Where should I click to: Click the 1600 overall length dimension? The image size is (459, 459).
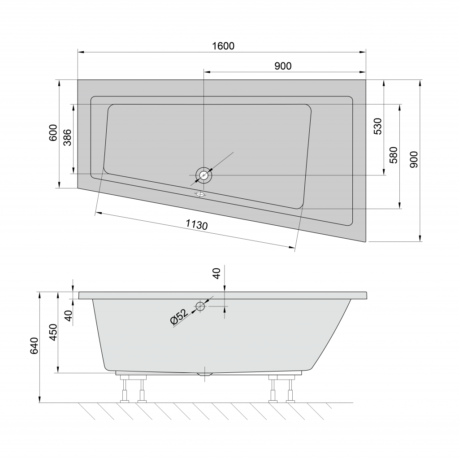pyautogui.click(x=223, y=46)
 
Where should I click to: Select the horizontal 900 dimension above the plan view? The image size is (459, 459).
pyautogui.click(x=282, y=66)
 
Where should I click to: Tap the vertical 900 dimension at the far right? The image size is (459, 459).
pyautogui.click(x=414, y=160)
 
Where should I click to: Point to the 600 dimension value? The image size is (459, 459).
pyautogui.click(x=53, y=133)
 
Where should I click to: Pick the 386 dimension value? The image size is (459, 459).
pyautogui.click(x=67, y=138)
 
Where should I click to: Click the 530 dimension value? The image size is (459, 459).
pyautogui.click(x=377, y=127)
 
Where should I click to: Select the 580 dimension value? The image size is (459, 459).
pyautogui.click(x=394, y=155)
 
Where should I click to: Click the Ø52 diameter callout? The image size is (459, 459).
pyautogui.click(x=179, y=317)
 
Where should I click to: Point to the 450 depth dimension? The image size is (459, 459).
pyautogui.click(x=53, y=332)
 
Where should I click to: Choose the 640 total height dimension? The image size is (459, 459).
pyautogui.click(x=35, y=346)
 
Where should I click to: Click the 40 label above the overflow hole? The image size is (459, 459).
pyautogui.click(x=217, y=273)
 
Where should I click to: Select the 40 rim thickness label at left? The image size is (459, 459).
pyautogui.click(x=68, y=315)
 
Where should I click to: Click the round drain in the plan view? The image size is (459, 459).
pyautogui.click(x=204, y=175)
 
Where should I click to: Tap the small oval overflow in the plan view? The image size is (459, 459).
pyautogui.click(x=200, y=194)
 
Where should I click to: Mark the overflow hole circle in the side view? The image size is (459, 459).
pyautogui.click(x=200, y=306)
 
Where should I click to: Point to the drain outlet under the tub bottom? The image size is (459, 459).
pyautogui.click(x=205, y=373)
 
